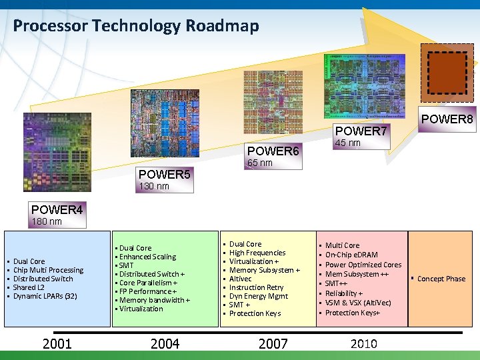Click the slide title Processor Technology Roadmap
pyautogui.click(x=136, y=26)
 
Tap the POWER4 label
pyautogui.click(x=57, y=210)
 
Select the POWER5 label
pyautogui.click(x=164, y=175)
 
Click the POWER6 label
pyautogui.click(x=273, y=151)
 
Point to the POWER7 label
pyautogui.click(x=361, y=131)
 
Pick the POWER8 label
pyautogui.click(x=446, y=119)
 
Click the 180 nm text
pyautogui.click(x=47, y=221)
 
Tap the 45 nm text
pyautogui.click(x=347, y=143)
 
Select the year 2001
pyautogui.click(x=57, y=344)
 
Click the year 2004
pyautogui.click(x=165, y=344)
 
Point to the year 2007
pyautogui.click(x=273, y=344)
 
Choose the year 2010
pyautogui.click(x=363, y=344)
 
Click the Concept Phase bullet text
pyautogui.click(x=441, y=279)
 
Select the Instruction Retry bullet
pyautogui.click(x=257, y=287)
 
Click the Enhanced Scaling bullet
pyautogui.click(x=147, y=257)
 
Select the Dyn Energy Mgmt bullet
pyautogui.click(x=259, y=296)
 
